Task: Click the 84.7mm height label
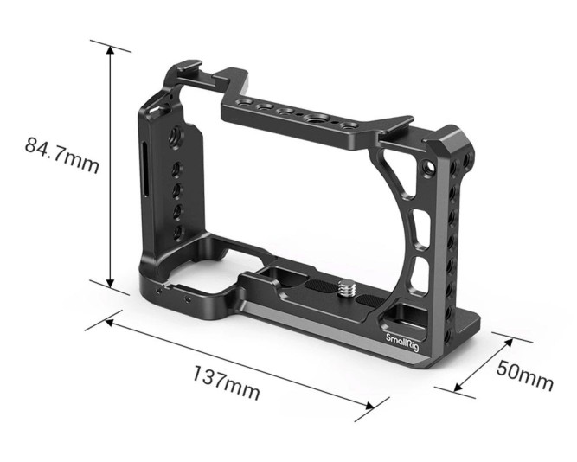point(61,155)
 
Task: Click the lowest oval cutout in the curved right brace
point(418,276)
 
